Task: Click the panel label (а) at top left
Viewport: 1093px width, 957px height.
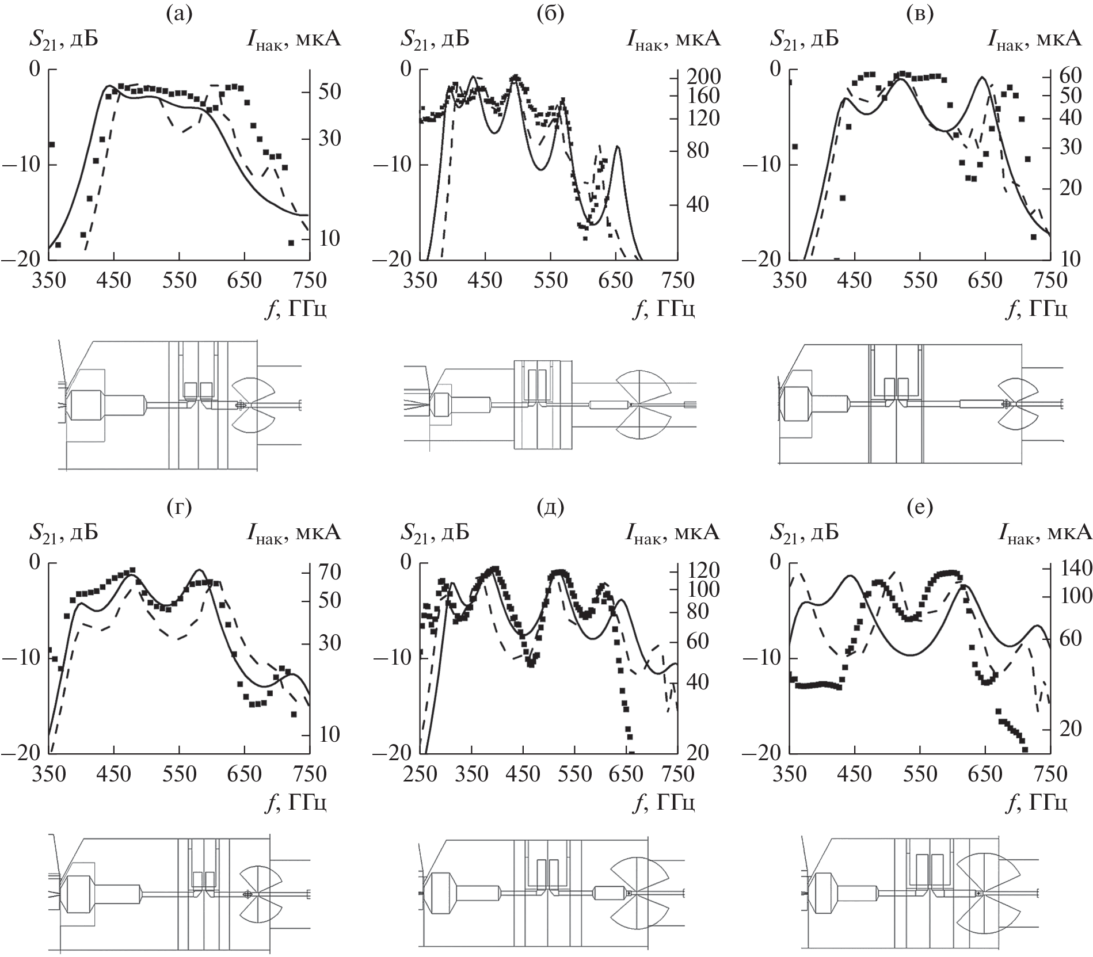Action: click(179, 13)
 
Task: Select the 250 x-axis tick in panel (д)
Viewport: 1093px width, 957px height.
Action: click(420, 774)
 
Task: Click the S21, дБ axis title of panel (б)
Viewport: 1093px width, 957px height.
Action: click(435, 39)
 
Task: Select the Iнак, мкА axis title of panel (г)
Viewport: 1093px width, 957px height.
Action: click(294, 533)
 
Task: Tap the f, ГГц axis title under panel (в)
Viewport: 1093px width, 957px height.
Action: click(1036, 310)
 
